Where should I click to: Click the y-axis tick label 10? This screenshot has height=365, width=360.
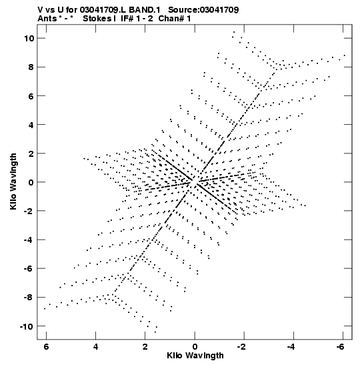29,39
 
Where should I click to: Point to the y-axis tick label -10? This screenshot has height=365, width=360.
27,326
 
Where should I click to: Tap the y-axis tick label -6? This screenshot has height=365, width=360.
29,269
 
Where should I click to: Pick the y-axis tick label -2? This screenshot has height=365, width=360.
29,211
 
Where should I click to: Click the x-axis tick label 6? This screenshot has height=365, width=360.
46,346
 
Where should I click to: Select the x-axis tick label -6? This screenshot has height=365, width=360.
340,346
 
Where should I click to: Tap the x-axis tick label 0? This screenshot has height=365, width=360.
195,346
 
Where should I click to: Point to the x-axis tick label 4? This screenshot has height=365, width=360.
96,346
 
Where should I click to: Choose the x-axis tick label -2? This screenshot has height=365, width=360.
241,346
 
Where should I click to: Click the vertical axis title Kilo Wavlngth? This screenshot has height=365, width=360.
13,181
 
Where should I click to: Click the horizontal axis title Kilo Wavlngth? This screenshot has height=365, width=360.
195,356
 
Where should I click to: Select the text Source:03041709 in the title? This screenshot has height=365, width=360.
203,10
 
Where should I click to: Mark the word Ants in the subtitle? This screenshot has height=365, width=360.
47,19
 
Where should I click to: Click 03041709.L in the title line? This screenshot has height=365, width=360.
103,10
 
